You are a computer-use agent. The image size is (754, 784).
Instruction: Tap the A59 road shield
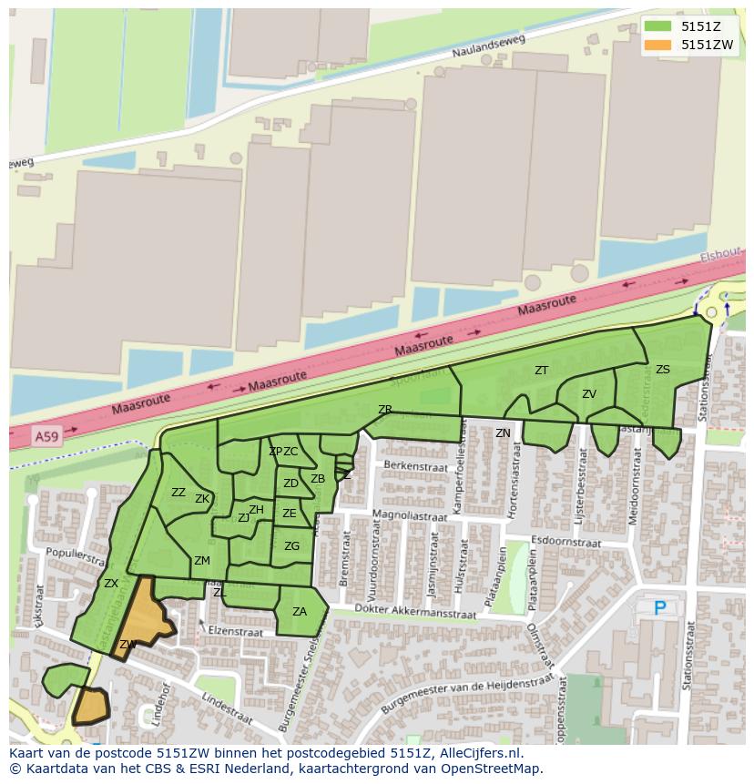click(x=45, y=438)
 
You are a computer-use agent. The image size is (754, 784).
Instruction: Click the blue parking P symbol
click(x=660, y=607)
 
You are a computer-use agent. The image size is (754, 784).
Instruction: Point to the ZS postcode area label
click(x=662, y=370)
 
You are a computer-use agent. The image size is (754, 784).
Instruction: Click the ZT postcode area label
click(x=542, y=371)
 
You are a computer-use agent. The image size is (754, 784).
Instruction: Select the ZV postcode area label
click(x=589, y=394)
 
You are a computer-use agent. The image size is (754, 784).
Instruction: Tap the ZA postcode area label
click(x=300, y=612)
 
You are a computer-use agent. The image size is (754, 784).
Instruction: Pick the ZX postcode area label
click(x=111, y=584)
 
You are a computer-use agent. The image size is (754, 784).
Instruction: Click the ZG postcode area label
click(x=291, y=546)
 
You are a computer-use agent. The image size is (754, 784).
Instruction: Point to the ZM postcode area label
click(x=202, y=561)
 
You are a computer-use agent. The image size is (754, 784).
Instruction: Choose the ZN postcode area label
click(x=503, y=433)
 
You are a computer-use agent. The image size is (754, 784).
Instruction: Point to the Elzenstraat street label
click(x=236, y=631)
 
